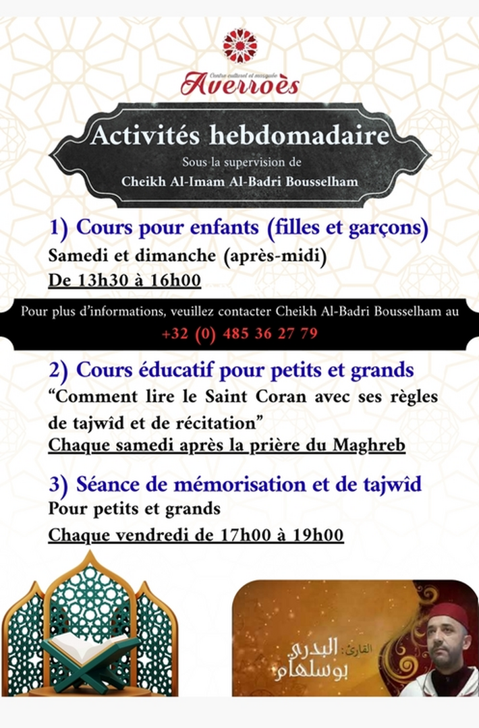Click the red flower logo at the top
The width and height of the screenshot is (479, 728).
point(239,46)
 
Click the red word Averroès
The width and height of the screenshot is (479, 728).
point(239,85)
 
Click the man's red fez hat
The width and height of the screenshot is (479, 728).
point(448,615)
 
